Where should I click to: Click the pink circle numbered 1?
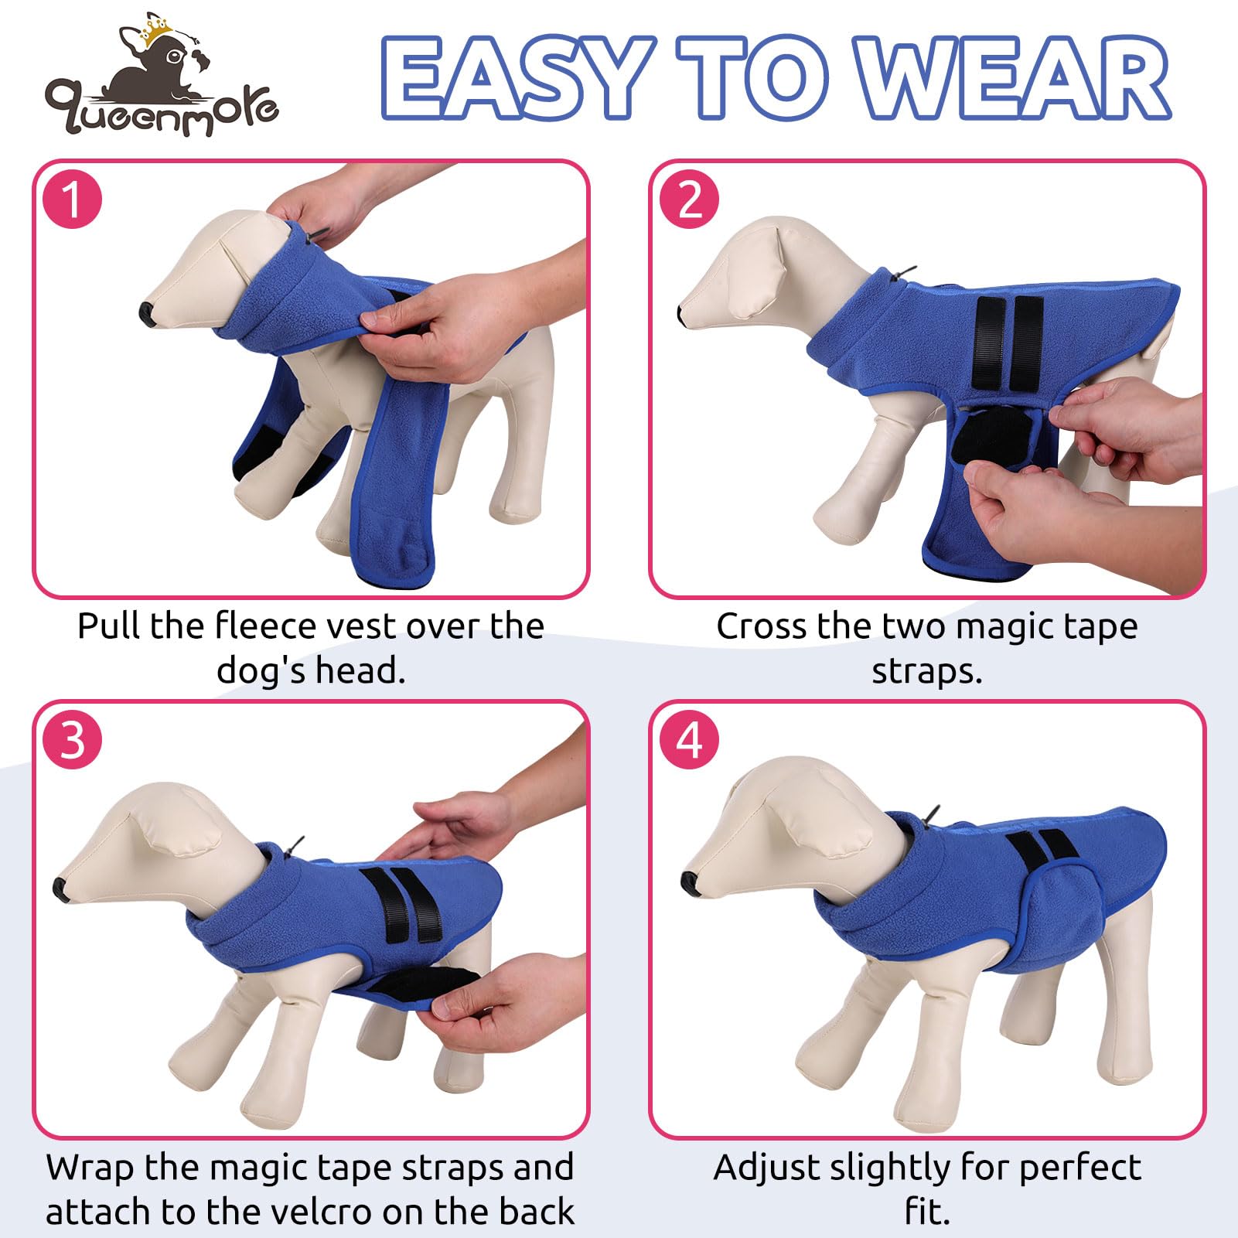(x=73, y=199)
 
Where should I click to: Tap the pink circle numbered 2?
(x=690, y=199)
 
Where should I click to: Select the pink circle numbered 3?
(x=73, y=740)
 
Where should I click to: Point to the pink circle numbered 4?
(x=690, y=740)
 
